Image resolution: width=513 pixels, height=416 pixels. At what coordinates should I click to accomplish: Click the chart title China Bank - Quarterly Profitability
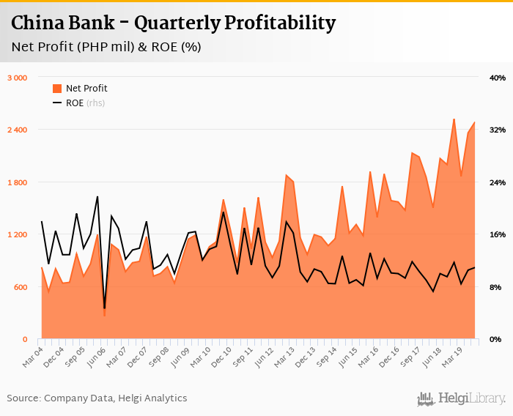173,23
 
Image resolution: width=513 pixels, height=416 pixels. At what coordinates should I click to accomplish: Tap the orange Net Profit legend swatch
57,89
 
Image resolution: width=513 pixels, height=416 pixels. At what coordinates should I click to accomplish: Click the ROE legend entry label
75,103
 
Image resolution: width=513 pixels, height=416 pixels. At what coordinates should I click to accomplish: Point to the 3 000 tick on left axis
17,78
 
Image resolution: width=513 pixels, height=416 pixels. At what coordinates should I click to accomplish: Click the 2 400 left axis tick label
17,130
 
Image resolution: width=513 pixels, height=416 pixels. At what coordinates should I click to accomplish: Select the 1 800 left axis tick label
17,182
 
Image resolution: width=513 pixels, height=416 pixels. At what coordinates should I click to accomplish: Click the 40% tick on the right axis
498,78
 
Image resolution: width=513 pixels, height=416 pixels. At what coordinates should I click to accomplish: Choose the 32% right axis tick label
498,130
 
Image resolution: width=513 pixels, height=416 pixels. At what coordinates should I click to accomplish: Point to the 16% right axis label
498,235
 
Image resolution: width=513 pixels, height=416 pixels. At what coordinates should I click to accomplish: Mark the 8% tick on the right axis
499,287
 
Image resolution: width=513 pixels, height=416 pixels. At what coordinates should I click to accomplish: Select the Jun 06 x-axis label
97,352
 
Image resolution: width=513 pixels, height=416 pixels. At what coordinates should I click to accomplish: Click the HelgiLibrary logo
461,398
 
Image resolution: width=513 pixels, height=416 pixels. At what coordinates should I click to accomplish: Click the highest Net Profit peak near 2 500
454,119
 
